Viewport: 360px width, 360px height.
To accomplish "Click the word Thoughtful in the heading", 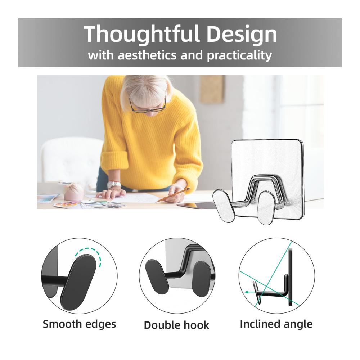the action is point(141,35).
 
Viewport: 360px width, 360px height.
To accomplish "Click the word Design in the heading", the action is point(242,34).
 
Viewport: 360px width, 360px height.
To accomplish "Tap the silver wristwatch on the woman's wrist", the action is point(114,184).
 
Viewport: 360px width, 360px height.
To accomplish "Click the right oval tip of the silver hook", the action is point(265,208).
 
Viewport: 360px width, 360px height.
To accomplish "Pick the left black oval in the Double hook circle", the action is point(158,276).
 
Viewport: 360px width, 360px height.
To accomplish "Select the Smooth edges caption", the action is point(80,324).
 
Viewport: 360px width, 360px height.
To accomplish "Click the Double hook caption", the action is point(176,325).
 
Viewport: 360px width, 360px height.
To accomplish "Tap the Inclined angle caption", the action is point(276,324).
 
